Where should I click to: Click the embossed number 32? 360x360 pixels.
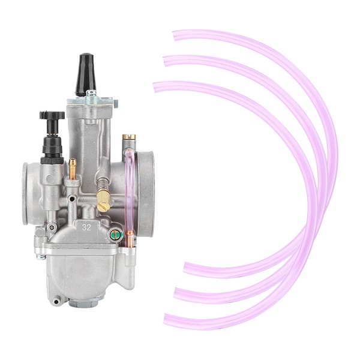[x=86, y=227]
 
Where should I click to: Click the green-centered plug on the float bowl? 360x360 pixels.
[x=116, y=235]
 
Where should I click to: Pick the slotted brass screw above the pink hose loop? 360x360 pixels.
[x=129, y=137]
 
